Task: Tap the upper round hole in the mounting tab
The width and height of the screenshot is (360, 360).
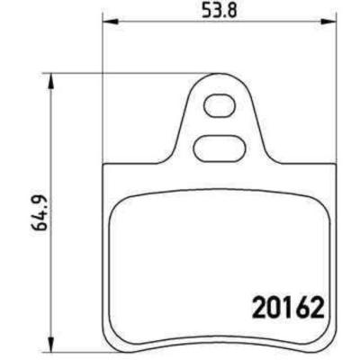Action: click(216, 105)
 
